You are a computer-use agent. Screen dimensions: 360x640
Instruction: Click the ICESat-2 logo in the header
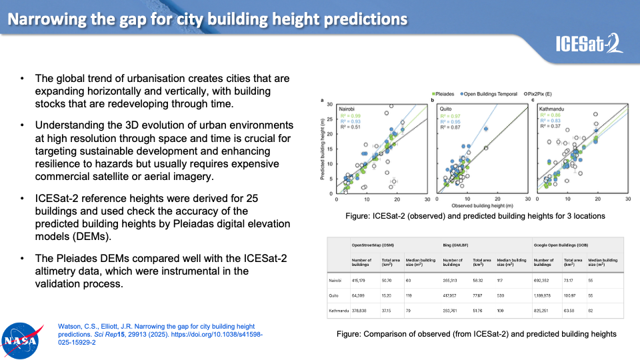[x=589, y=44]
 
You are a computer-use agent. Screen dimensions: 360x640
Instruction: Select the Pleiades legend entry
[x=445, y=94]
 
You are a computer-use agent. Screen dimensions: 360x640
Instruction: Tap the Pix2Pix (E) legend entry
[x=547, y=94]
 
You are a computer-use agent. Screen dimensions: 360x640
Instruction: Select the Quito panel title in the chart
[x=447, y=108]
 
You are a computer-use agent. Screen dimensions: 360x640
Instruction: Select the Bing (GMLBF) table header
[x=459, y=245]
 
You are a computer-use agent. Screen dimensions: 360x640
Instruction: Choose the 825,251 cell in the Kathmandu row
[x=544, y=310]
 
